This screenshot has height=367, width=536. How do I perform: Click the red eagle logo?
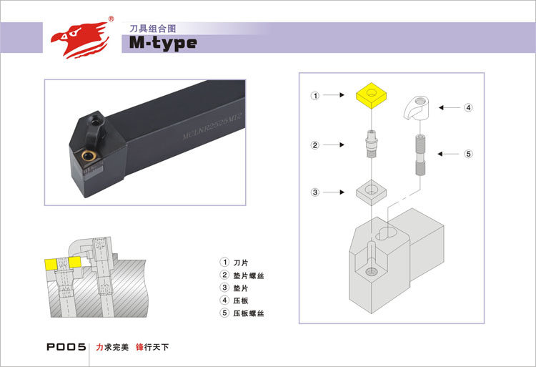[79, 38]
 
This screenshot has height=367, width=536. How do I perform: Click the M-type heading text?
[163, 43]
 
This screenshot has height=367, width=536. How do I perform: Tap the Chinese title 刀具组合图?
[152, 28]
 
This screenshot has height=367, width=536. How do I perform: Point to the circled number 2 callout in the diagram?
[314, 145]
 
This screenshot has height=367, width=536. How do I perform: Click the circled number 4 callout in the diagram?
[469, 108]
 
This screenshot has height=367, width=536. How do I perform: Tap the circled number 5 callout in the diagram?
[469, 153]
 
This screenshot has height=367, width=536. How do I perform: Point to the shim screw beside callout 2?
[370, 145]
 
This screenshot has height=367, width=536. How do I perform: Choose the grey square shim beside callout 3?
[372, 192]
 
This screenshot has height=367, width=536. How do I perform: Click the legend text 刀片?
[240, 263]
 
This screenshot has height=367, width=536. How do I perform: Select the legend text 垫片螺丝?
[249, 275]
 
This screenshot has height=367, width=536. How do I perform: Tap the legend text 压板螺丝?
[249, 314]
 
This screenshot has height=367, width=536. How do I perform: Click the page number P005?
[66, 348]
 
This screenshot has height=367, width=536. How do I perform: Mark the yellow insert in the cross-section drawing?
[52, 264]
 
